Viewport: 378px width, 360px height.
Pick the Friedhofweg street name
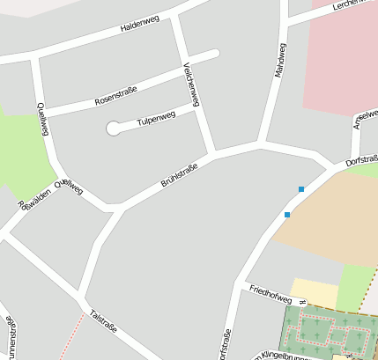pyautogui.click(x=270, y=292)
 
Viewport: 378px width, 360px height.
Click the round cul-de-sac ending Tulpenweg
pyautogui.click(x=114, y=129)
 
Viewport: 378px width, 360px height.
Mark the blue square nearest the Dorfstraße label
pyautogui.click(x=301, y=189)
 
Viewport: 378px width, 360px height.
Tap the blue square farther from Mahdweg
pyautogui.click(x=286, y=214)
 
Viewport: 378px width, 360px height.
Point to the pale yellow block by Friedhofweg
pyautogui.click(x=314, y=292)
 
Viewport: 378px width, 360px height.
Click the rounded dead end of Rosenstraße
pyautogui.click(x=213, y=55)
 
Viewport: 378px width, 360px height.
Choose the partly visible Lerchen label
pyautogui.click(x=349, y=6)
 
